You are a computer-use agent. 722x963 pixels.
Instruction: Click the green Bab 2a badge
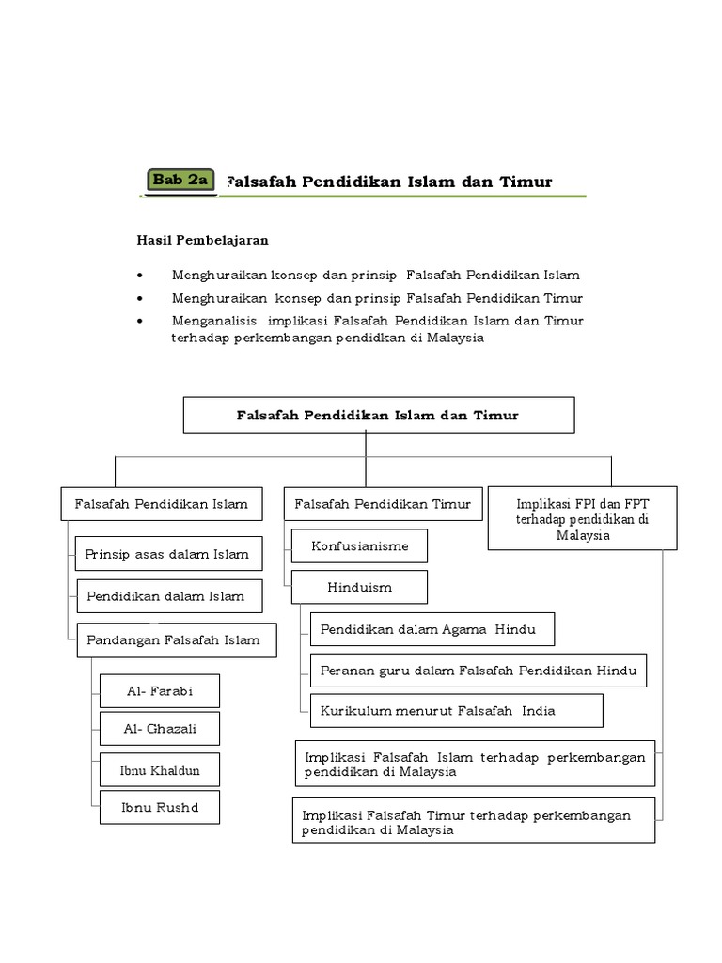click(x=180, y=180)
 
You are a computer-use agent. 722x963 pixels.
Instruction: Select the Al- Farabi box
click(x=160, y=691)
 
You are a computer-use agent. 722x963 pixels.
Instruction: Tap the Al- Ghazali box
click(x=160, y=729)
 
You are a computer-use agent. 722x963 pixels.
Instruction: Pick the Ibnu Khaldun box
click(x=160, y=771)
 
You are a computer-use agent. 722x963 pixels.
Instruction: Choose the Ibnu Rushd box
click(x=160, y=807)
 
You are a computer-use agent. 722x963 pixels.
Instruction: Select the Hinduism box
click(x=359, y=587)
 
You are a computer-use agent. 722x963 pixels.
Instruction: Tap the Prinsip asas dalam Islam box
click(x=168, y=554)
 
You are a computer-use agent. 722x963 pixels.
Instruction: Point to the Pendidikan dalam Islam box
click(x=168, y=596)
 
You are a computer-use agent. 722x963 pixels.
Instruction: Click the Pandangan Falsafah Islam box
click(x=174, y=639)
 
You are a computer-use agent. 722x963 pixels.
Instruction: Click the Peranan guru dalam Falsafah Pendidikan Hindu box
click(x=478, y=671)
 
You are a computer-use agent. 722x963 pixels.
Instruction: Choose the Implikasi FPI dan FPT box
click(x=583, y=519)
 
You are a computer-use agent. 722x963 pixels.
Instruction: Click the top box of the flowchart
click(x=378, y=415)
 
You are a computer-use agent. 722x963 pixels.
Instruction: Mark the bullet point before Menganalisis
click(x=140, y=321)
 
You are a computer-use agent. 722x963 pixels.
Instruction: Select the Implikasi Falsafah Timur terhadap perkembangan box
click(x=473, y=822)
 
